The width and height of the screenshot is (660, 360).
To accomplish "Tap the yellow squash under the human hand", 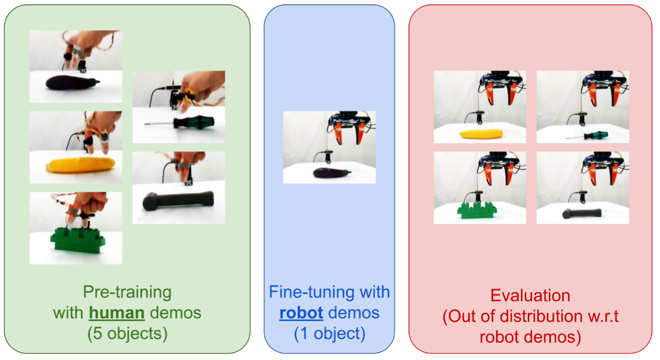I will pyautogui.click(x=80, y=165).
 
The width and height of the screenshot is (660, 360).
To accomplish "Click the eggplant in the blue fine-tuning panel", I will pyautogui.click(x=329, y=173).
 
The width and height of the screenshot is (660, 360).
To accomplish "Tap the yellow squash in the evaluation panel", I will pyautogui.click(x=481, y=133).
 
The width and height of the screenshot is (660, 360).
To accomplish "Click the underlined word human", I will pyautogui.click(x=117, y=313).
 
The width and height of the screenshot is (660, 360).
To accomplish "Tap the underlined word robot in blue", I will pyautogui.click(x=301, y=313).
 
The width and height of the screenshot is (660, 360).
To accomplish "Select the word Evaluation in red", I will pyautogui.click(x=530, y=295).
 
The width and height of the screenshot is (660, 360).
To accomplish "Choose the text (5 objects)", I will pyautogui.click(x=127, y=334).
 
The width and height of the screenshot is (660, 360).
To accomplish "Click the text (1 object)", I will pyautogui.click(x=329, y=334).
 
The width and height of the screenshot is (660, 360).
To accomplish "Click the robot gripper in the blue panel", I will pyautogui.click(x=348, y=130).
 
